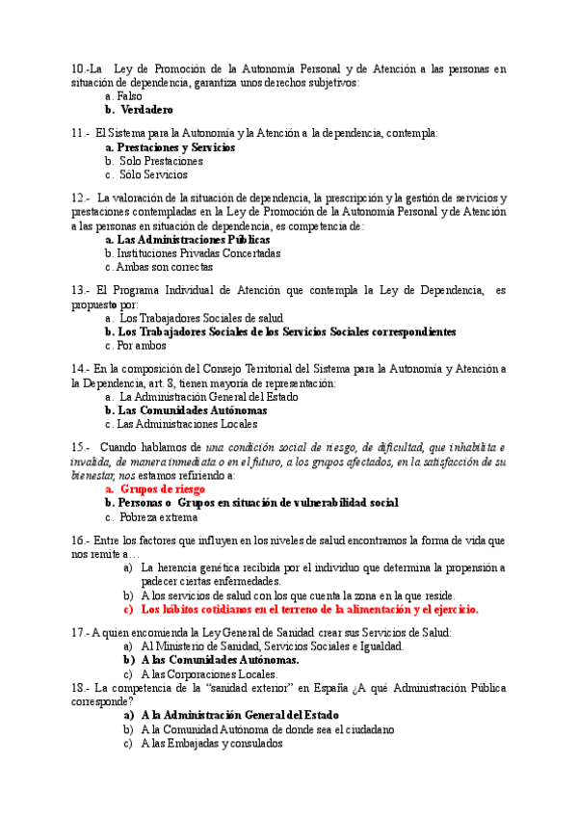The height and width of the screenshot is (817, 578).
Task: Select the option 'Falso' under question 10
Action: coord(129,96)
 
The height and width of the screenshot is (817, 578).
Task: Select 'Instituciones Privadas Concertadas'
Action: coord(198,253)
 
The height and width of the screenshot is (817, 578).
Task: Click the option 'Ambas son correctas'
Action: coord(164,267)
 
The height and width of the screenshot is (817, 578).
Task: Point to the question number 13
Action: coord(80,290)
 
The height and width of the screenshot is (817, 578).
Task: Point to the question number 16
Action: coord(80,540)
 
